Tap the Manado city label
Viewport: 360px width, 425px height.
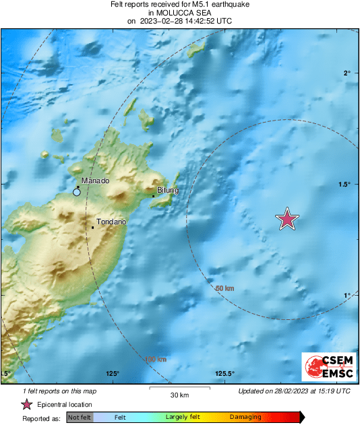tap(95, 181)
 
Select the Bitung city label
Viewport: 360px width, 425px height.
tap(167, 191)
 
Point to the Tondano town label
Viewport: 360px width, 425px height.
tap(112, 222)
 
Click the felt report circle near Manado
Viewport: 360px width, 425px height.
tap(77, 193)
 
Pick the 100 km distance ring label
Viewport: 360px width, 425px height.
tap(155, 359)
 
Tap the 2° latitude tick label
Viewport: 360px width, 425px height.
tap(347, 73)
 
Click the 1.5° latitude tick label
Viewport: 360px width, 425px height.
tap(344, 184)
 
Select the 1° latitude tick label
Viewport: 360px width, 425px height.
tap(347, 295)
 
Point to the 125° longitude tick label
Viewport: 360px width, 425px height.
tap(112, 374)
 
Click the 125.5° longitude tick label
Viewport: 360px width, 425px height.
tap(224, 374)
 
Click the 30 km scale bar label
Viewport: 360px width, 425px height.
tap(179, 395)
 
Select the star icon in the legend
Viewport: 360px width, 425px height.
tap(26, 404)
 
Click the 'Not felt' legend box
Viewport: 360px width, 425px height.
tap(80, 418)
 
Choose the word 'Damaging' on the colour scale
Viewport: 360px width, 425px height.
tap(245, 418)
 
